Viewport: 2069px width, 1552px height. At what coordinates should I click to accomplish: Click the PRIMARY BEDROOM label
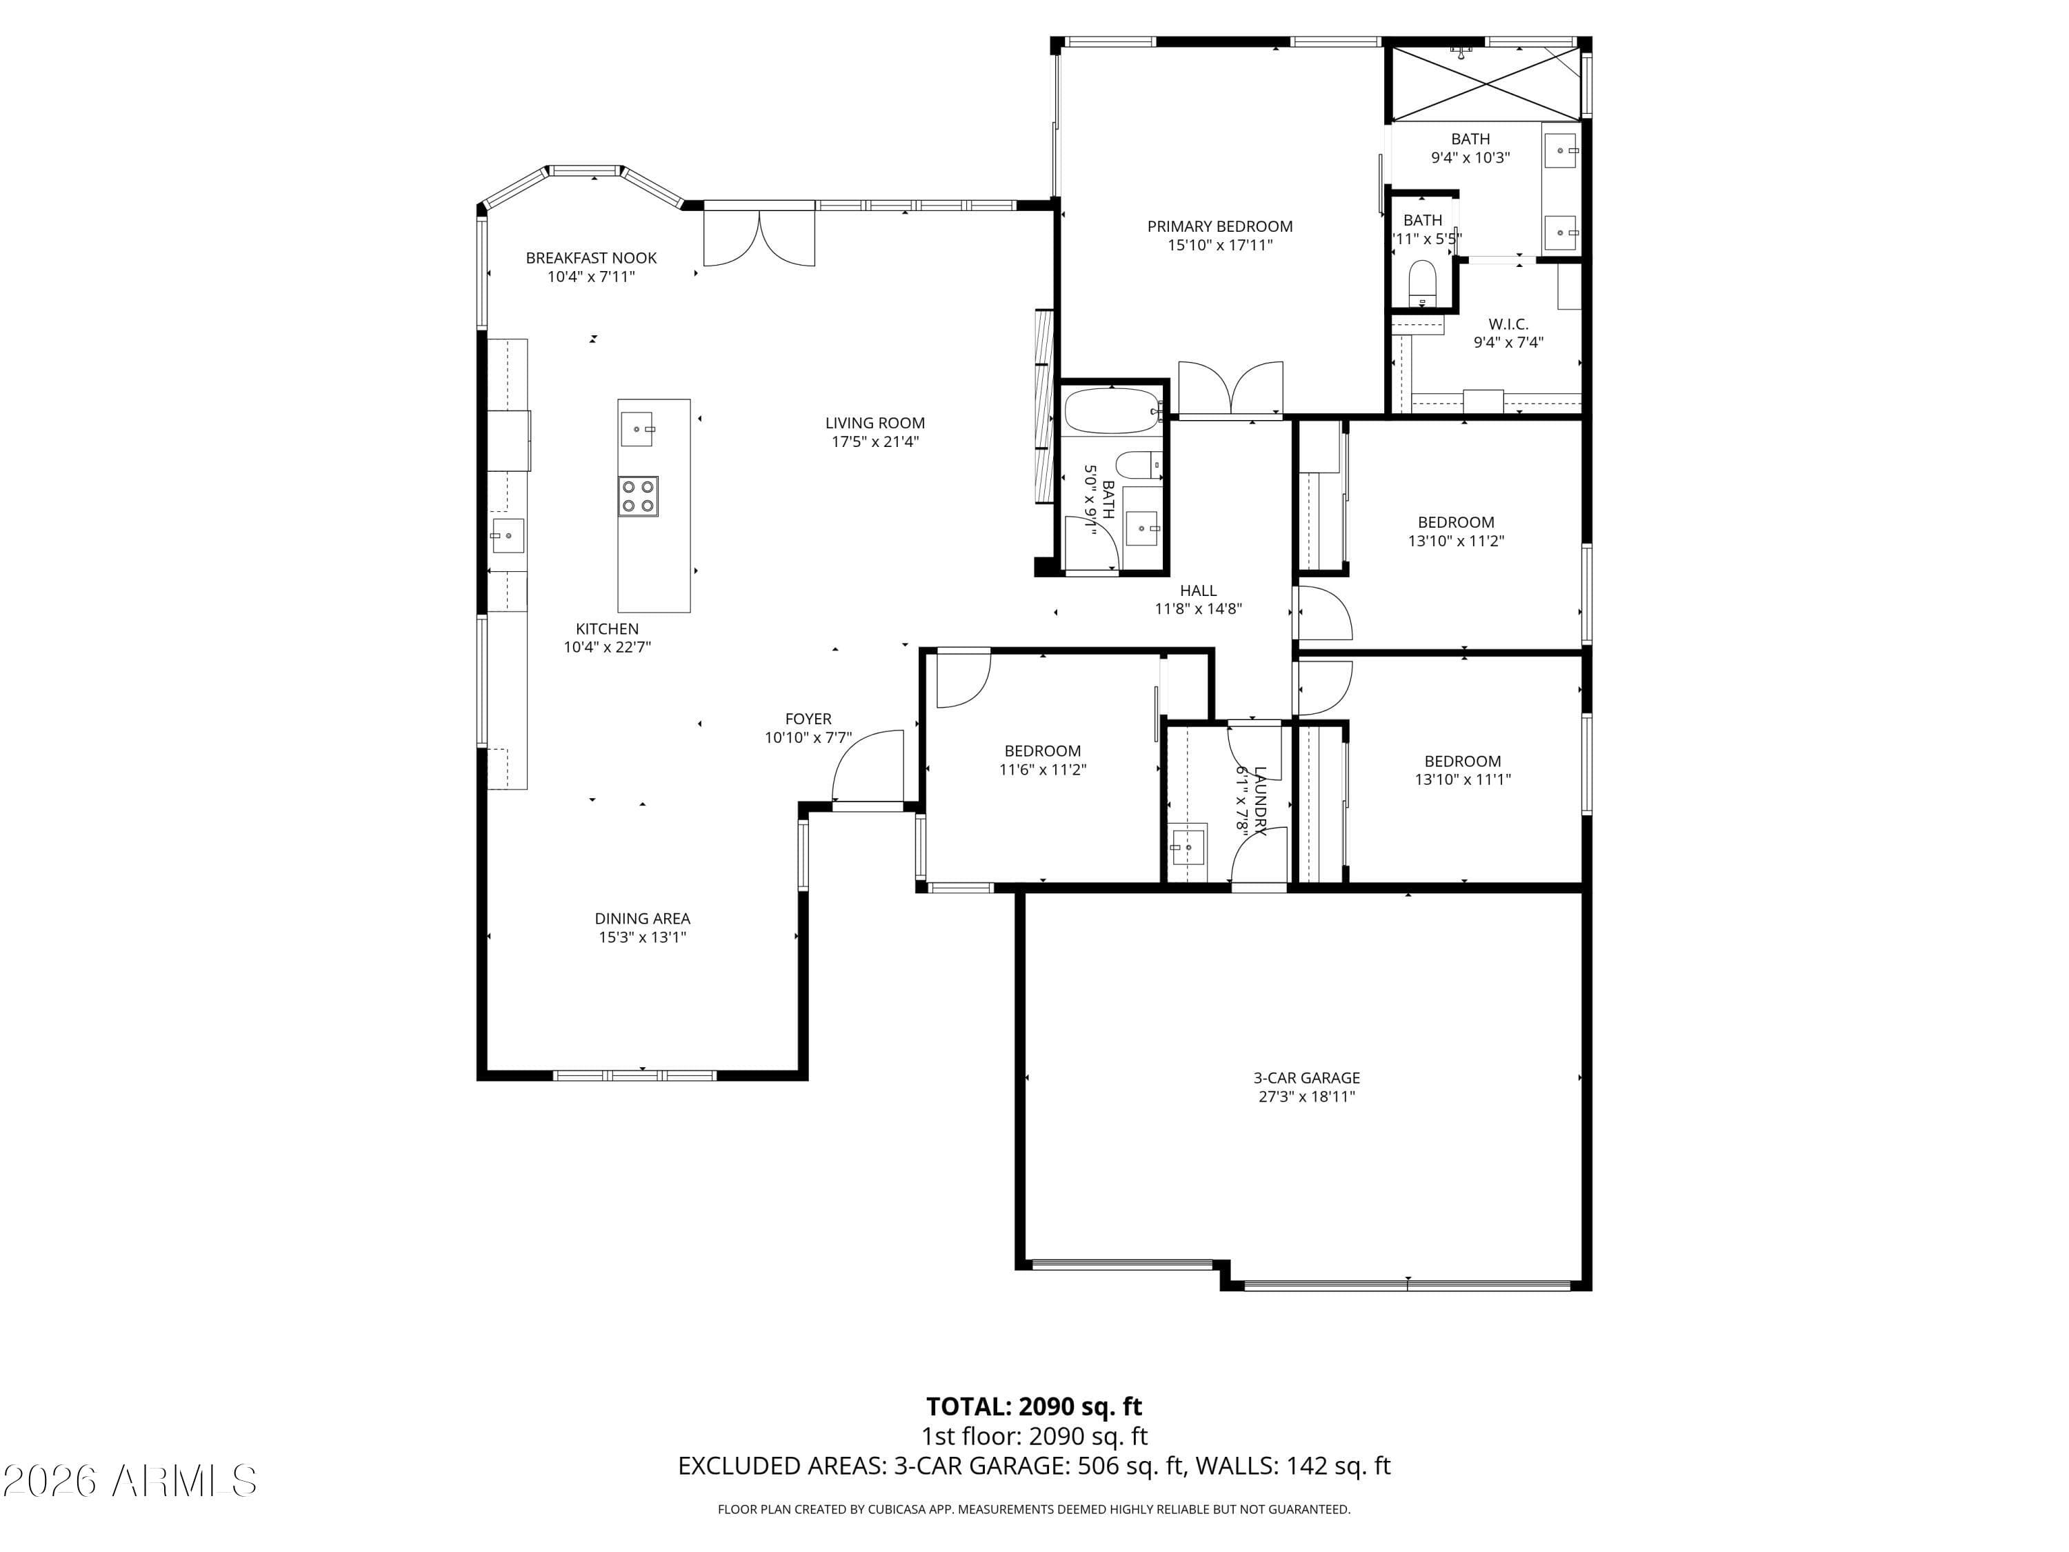[1220, 226]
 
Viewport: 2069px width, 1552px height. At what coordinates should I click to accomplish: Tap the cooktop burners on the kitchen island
[637, 496]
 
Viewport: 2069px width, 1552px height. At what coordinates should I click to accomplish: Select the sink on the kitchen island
[637, 428]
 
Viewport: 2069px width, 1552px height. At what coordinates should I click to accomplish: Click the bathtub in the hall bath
[1111, 410]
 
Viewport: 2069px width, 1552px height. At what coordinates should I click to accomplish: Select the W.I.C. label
[1508, 324]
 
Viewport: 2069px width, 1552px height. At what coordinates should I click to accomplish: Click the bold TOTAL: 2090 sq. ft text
[1034, 1406]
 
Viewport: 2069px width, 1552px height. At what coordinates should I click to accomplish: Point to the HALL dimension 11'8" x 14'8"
[1197, 609]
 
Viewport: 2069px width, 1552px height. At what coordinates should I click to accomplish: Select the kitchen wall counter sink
[507, 536]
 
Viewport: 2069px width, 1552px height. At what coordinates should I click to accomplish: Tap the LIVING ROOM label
[874, 423]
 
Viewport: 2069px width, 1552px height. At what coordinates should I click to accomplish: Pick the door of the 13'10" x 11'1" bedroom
[1323, 688]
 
